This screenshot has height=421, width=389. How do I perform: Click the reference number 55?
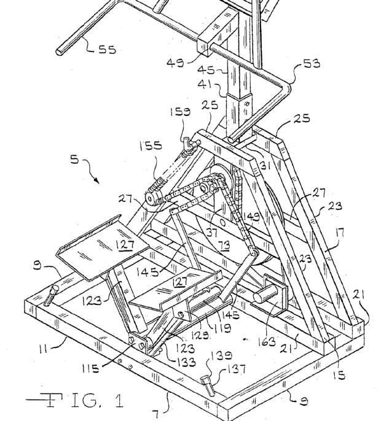pyautogui.click(x=106, y=50)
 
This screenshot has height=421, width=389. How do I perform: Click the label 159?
pyautogui.click(x=180, y=113)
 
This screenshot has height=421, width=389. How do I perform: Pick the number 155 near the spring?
pyautogui.click(x=150, y=147)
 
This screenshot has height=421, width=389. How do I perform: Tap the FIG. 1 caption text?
pyautogui.click(x=75, y=402)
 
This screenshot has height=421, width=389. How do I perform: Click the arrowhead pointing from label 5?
pyautogui.click(x=97, y=182)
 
